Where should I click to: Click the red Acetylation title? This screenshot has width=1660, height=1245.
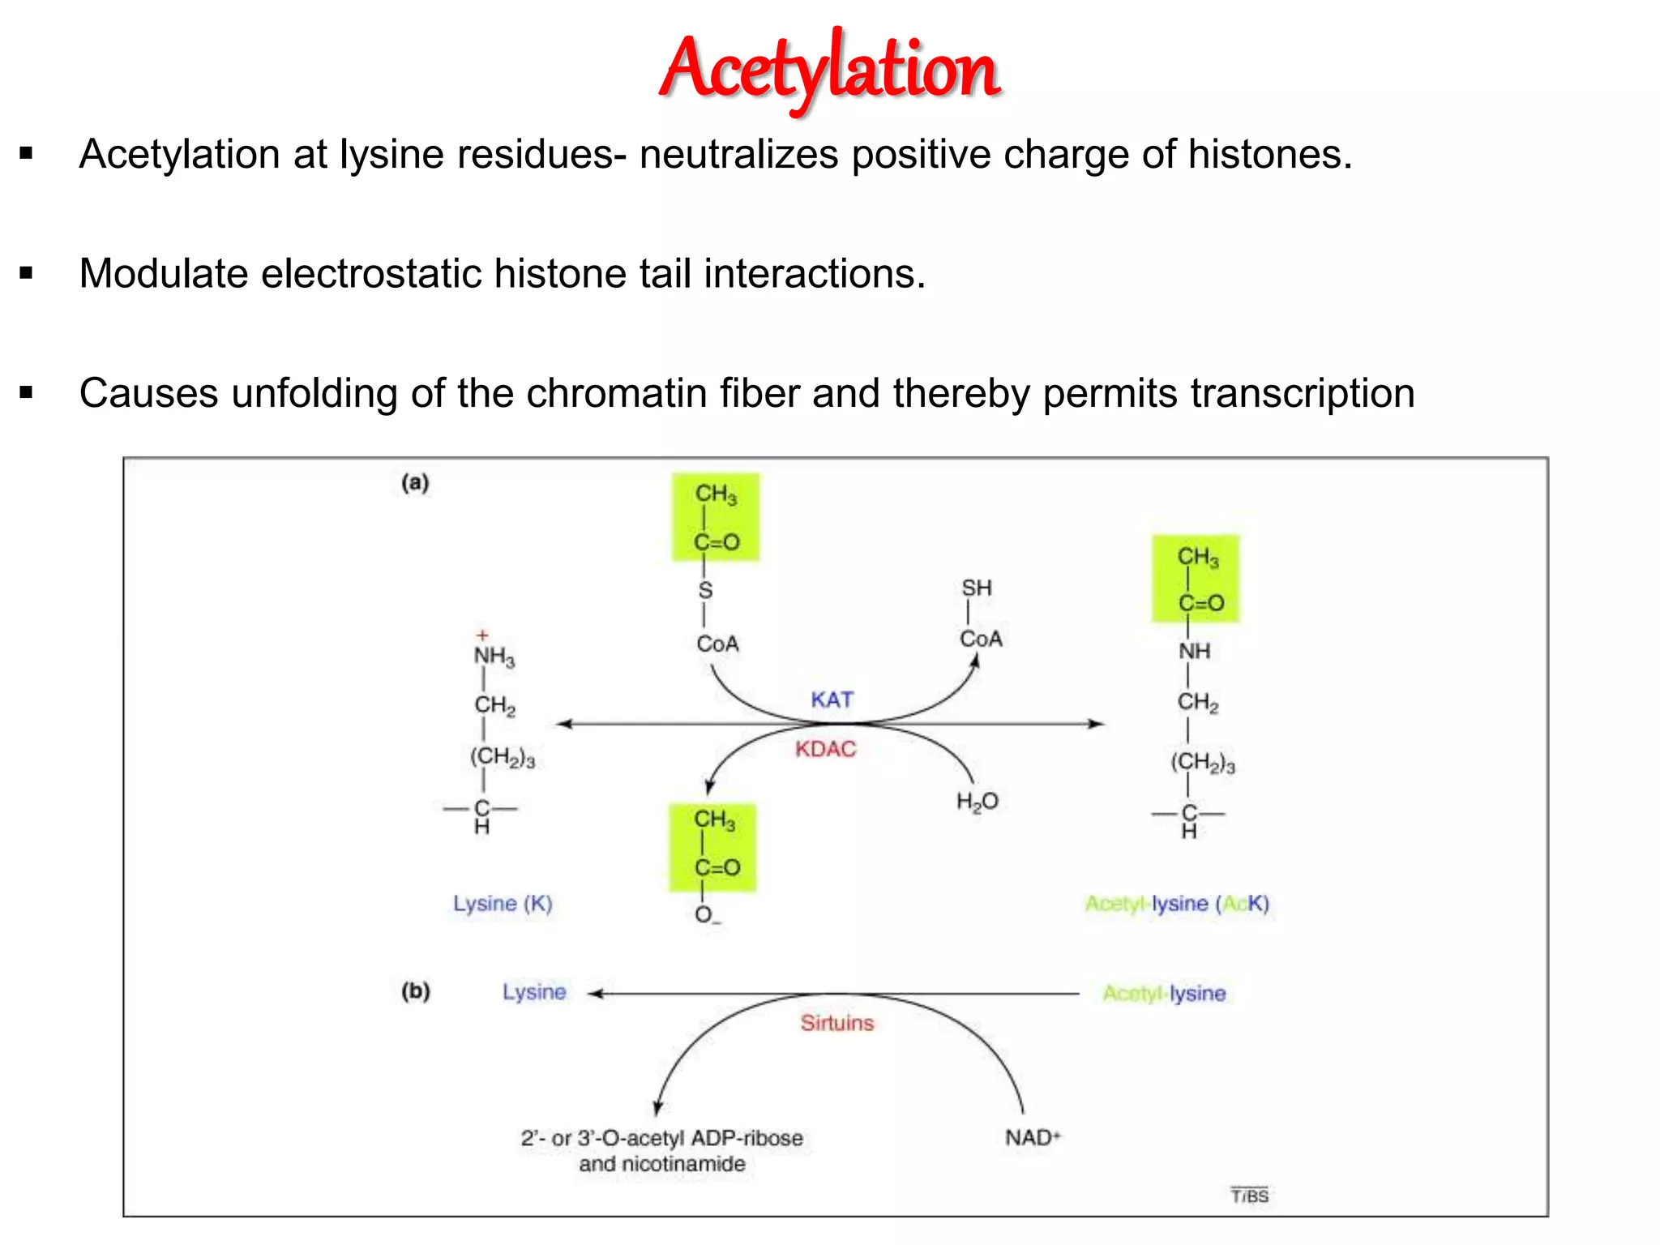click(x=830, y=69)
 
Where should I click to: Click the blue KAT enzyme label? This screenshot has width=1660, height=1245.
click(x=832, y=700)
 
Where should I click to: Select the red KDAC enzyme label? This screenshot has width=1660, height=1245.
click(x=825, y=749)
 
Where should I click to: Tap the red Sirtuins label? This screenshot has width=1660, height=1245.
click(x=836, y=1023)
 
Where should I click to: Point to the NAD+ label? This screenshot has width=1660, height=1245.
click(x=1032, y=1138)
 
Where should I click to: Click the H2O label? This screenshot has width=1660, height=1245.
click(x=977, y=802)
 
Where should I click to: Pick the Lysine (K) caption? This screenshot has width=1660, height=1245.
click(x=503, y=903)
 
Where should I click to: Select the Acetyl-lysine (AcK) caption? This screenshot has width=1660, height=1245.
click(x=1177, y=903)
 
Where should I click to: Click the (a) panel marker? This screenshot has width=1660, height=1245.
click(x=415, y=483)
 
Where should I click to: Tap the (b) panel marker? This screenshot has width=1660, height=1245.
click(x=416, y=990)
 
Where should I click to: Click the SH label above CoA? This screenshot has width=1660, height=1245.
click(x=977, y=588)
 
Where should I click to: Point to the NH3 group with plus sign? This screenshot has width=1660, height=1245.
click(x=493, y=652)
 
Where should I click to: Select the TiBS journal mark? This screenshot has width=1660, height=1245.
click(x=1249, y=1196)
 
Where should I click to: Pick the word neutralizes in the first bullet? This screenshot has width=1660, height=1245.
click(x=738, y=155)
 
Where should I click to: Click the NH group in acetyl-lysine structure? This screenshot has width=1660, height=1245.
click(x=1194, y=651)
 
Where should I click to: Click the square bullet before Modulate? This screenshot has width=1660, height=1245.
click(x=27, y=273)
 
